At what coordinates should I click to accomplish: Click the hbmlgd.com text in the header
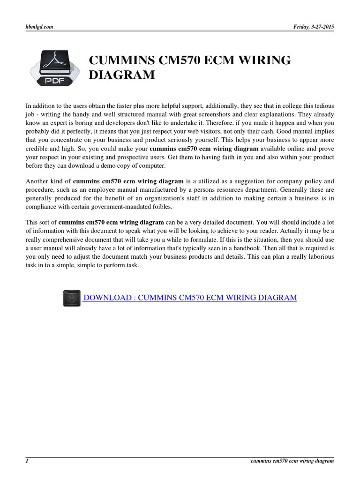(x=39, y=27)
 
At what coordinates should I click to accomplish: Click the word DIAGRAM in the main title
(x=122, y=75)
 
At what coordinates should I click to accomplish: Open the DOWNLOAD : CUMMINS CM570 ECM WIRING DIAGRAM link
(x=190, y=298)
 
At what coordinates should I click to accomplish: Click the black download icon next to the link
(x=72, y=298)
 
